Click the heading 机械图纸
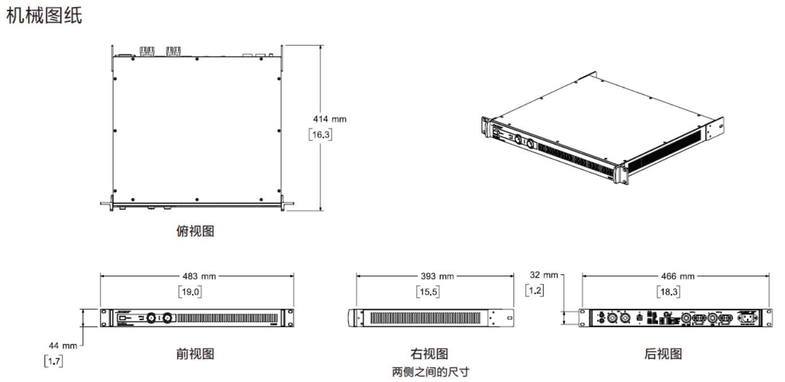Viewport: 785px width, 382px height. [43, 16]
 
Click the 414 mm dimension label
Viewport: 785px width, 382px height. [330, 119]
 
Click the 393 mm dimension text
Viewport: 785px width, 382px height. [435, 276]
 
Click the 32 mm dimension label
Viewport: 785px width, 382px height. [543, 275]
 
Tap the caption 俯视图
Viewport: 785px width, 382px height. [195, 231]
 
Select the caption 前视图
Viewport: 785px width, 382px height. [195, 354]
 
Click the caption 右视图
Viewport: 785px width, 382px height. [430, 354]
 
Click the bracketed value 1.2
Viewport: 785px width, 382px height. [534, 291]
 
